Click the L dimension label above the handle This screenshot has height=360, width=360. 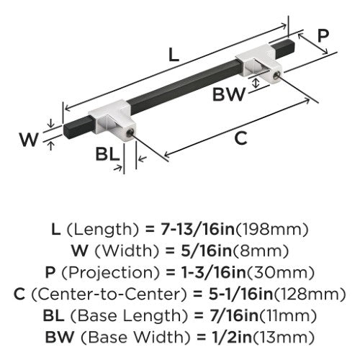coord(174,55)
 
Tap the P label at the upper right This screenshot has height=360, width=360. coord(323,36)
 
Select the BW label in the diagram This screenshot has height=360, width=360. coord(229,94)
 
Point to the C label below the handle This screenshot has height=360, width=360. coord(240,138)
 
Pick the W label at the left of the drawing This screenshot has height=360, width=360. coord(29,139)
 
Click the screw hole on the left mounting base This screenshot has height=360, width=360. coord(130,132)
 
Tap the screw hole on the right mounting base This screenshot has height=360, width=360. coord(276,76)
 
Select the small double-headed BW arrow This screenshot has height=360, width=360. coord(256,84)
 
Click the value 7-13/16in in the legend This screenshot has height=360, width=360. coord(197,229)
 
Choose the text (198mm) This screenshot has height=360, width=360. coord(271,230)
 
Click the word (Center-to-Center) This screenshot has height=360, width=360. coord(109,294)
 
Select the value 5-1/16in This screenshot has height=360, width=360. coord(240,294)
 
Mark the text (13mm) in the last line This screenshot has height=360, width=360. coord(284,338)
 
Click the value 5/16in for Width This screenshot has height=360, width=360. coord(207,251)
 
